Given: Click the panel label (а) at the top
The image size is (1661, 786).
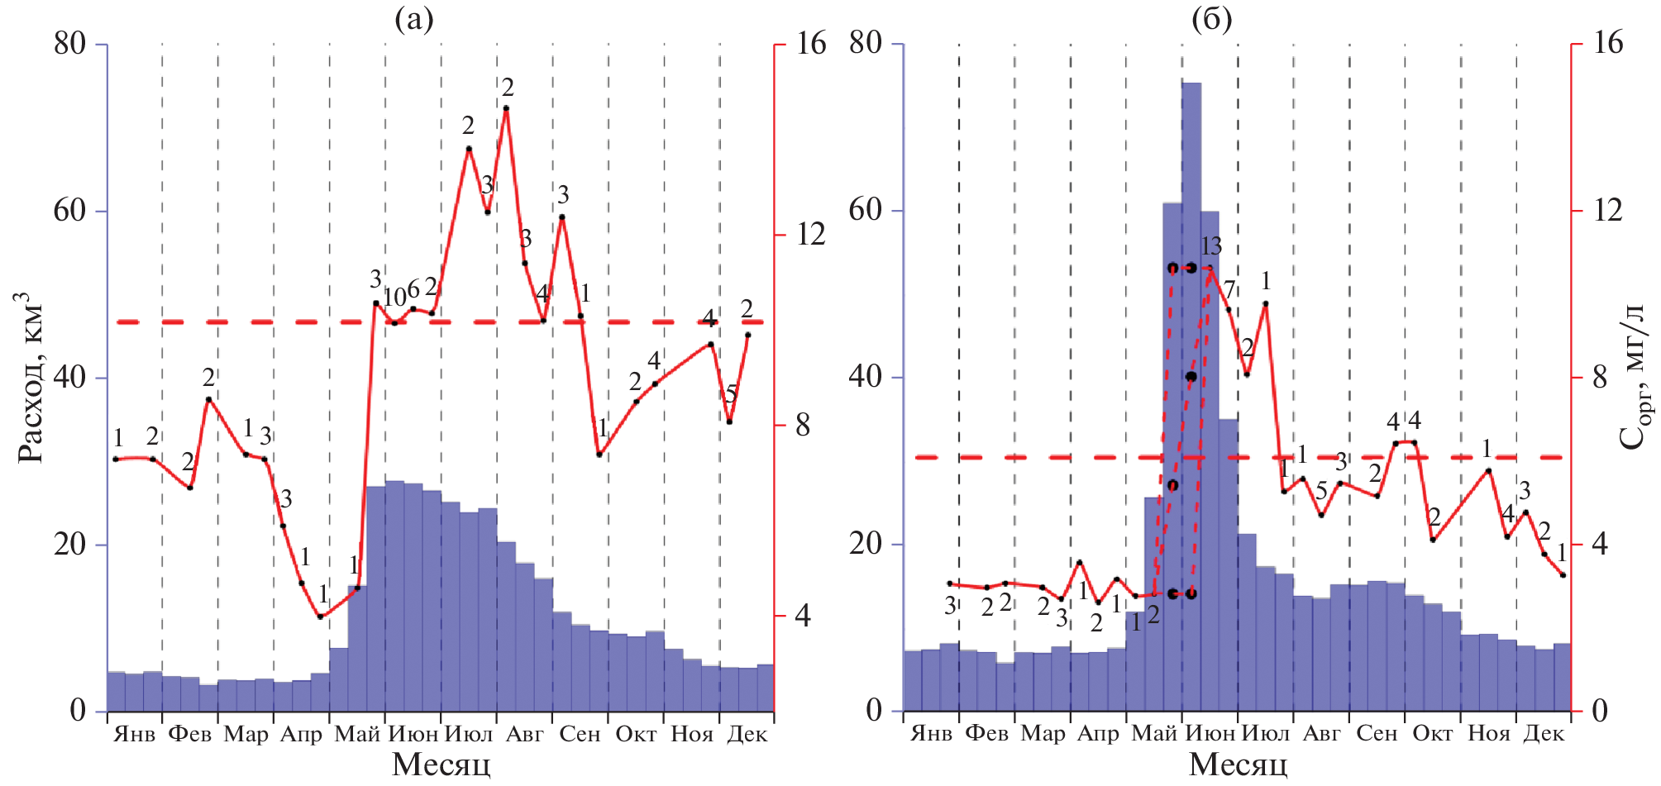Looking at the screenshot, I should pos(413,18).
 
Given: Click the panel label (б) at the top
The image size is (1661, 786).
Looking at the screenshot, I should pos(1211,18).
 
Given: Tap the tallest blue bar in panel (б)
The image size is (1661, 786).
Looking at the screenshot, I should pos(1191,397).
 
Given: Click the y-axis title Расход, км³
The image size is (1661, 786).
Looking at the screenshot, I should pos(30,377).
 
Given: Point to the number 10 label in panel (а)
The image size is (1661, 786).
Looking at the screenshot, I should pos(394,297).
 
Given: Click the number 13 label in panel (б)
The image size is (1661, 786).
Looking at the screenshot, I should pos(1211,245).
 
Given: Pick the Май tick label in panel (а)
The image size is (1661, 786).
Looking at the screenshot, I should pos(357,734).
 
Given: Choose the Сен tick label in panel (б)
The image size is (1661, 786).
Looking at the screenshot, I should pos(1377,734).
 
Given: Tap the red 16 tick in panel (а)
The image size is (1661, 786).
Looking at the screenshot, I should pos(811,44).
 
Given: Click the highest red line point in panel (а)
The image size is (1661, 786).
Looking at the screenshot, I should pos(506,108).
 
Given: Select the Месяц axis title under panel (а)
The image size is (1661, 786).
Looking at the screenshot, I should pos(441,765).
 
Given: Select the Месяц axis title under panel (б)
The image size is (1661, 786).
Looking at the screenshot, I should pos(1238,765).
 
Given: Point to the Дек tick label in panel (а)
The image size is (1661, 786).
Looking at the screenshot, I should pos(747,734).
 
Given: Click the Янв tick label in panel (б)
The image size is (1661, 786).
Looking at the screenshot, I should pos(931,734).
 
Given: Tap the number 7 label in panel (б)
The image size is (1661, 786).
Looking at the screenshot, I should pos(1229,289).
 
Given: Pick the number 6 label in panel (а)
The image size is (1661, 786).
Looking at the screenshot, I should pos(413,289).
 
